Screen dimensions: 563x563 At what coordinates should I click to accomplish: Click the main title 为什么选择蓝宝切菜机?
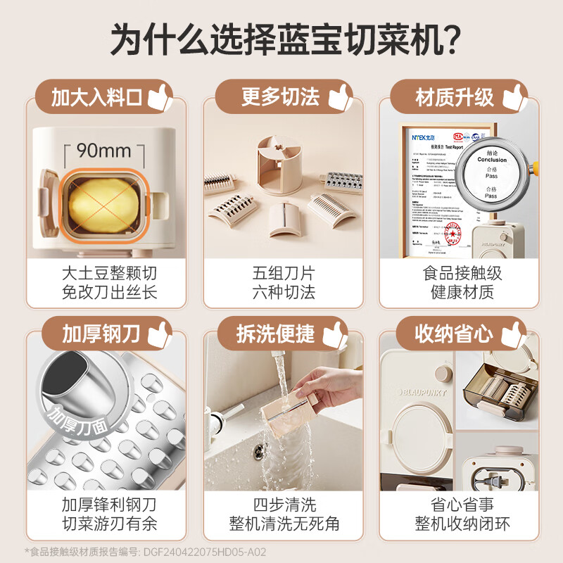281,39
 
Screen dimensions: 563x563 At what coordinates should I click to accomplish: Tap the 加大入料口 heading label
97,98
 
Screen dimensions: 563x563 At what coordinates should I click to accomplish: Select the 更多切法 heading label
280,98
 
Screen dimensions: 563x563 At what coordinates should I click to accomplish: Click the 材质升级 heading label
455,98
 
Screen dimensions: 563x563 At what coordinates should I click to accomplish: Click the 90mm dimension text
104,151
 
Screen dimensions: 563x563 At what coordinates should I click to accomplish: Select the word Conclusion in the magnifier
491,160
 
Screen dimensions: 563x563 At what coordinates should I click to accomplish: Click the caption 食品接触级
462,273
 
